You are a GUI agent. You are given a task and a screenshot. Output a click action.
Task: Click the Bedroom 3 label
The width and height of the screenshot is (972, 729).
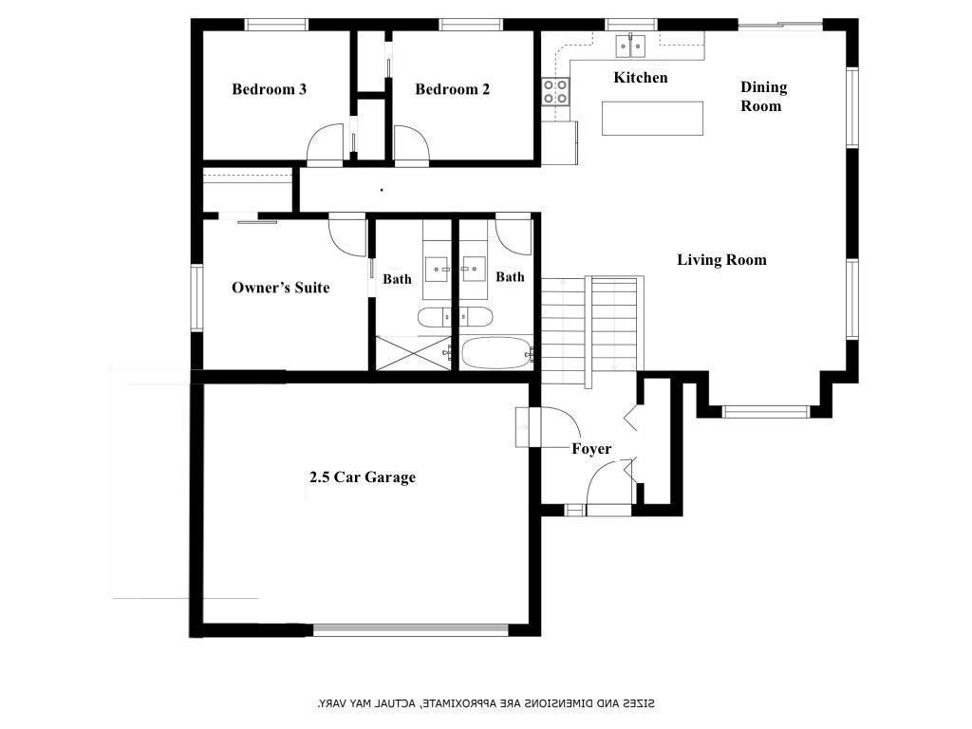tap(269, 89)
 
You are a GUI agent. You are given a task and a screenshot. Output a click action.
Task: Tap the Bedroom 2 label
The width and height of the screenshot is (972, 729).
tap(453, 89)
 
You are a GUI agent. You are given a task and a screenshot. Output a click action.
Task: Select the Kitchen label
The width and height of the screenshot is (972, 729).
tap(641, 78)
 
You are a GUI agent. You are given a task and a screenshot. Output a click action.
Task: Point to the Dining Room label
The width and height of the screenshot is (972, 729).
tap(764, 96)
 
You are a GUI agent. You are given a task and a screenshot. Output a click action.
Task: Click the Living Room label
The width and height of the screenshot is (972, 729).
tap(721, 260)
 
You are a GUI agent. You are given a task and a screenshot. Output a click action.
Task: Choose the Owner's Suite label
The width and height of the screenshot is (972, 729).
tap(280, 288)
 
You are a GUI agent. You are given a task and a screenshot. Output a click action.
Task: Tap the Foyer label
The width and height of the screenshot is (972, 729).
tap(591, 449)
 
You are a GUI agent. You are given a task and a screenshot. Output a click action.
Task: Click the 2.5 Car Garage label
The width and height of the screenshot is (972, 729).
tap(363, 477)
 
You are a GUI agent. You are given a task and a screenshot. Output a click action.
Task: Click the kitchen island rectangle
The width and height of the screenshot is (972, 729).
tap(652, 119)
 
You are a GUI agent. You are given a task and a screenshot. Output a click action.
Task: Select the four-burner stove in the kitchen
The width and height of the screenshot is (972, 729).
tap(555, 92)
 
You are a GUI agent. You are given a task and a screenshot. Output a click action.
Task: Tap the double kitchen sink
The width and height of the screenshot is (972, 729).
tap(630, 47)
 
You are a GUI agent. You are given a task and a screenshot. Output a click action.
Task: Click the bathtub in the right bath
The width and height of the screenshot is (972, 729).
tap(495, 353)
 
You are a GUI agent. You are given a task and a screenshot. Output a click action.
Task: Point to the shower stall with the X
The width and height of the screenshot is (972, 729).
tap(414, 353)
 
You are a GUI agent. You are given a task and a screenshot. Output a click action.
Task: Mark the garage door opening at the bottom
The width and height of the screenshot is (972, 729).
tap(410, 630)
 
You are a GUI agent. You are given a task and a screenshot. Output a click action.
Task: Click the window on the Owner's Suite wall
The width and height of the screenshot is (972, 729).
tap(196, 298)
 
